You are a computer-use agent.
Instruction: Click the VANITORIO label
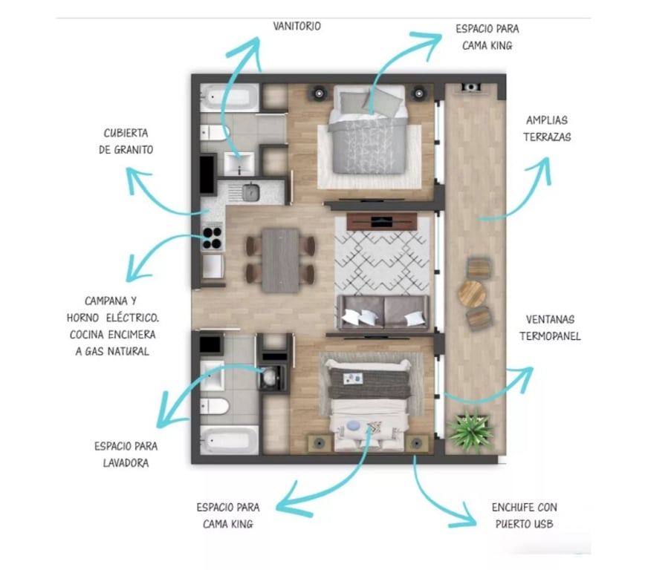pos(297,26)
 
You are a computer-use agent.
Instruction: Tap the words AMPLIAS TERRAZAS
pos(547,128)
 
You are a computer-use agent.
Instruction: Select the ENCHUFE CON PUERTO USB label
pos(524,515)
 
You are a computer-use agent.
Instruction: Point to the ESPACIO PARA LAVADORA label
pos(126,454)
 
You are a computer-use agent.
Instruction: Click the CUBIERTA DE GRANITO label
pos(126,141)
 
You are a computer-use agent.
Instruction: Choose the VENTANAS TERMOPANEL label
pos(550,328)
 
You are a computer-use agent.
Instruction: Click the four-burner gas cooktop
pos(213,238)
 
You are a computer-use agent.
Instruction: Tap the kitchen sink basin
pos(251,192)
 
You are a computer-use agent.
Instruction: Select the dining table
pos(281,261)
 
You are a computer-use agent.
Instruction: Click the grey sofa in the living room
pos(383,312)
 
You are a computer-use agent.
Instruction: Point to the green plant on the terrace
pos(470,430)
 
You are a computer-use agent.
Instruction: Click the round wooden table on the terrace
pos(472,294)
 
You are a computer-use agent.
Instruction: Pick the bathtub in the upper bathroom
pos(230,97)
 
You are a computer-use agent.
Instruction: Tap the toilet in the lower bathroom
pos(215,406)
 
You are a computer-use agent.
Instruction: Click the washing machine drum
pos(269,377)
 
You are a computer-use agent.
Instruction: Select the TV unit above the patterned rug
pos(382,222)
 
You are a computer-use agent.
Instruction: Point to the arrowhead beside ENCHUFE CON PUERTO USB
pos(464,516)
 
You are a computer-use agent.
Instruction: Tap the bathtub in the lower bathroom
pos(230,440)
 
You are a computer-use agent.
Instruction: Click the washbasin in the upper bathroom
pos(239,164)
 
